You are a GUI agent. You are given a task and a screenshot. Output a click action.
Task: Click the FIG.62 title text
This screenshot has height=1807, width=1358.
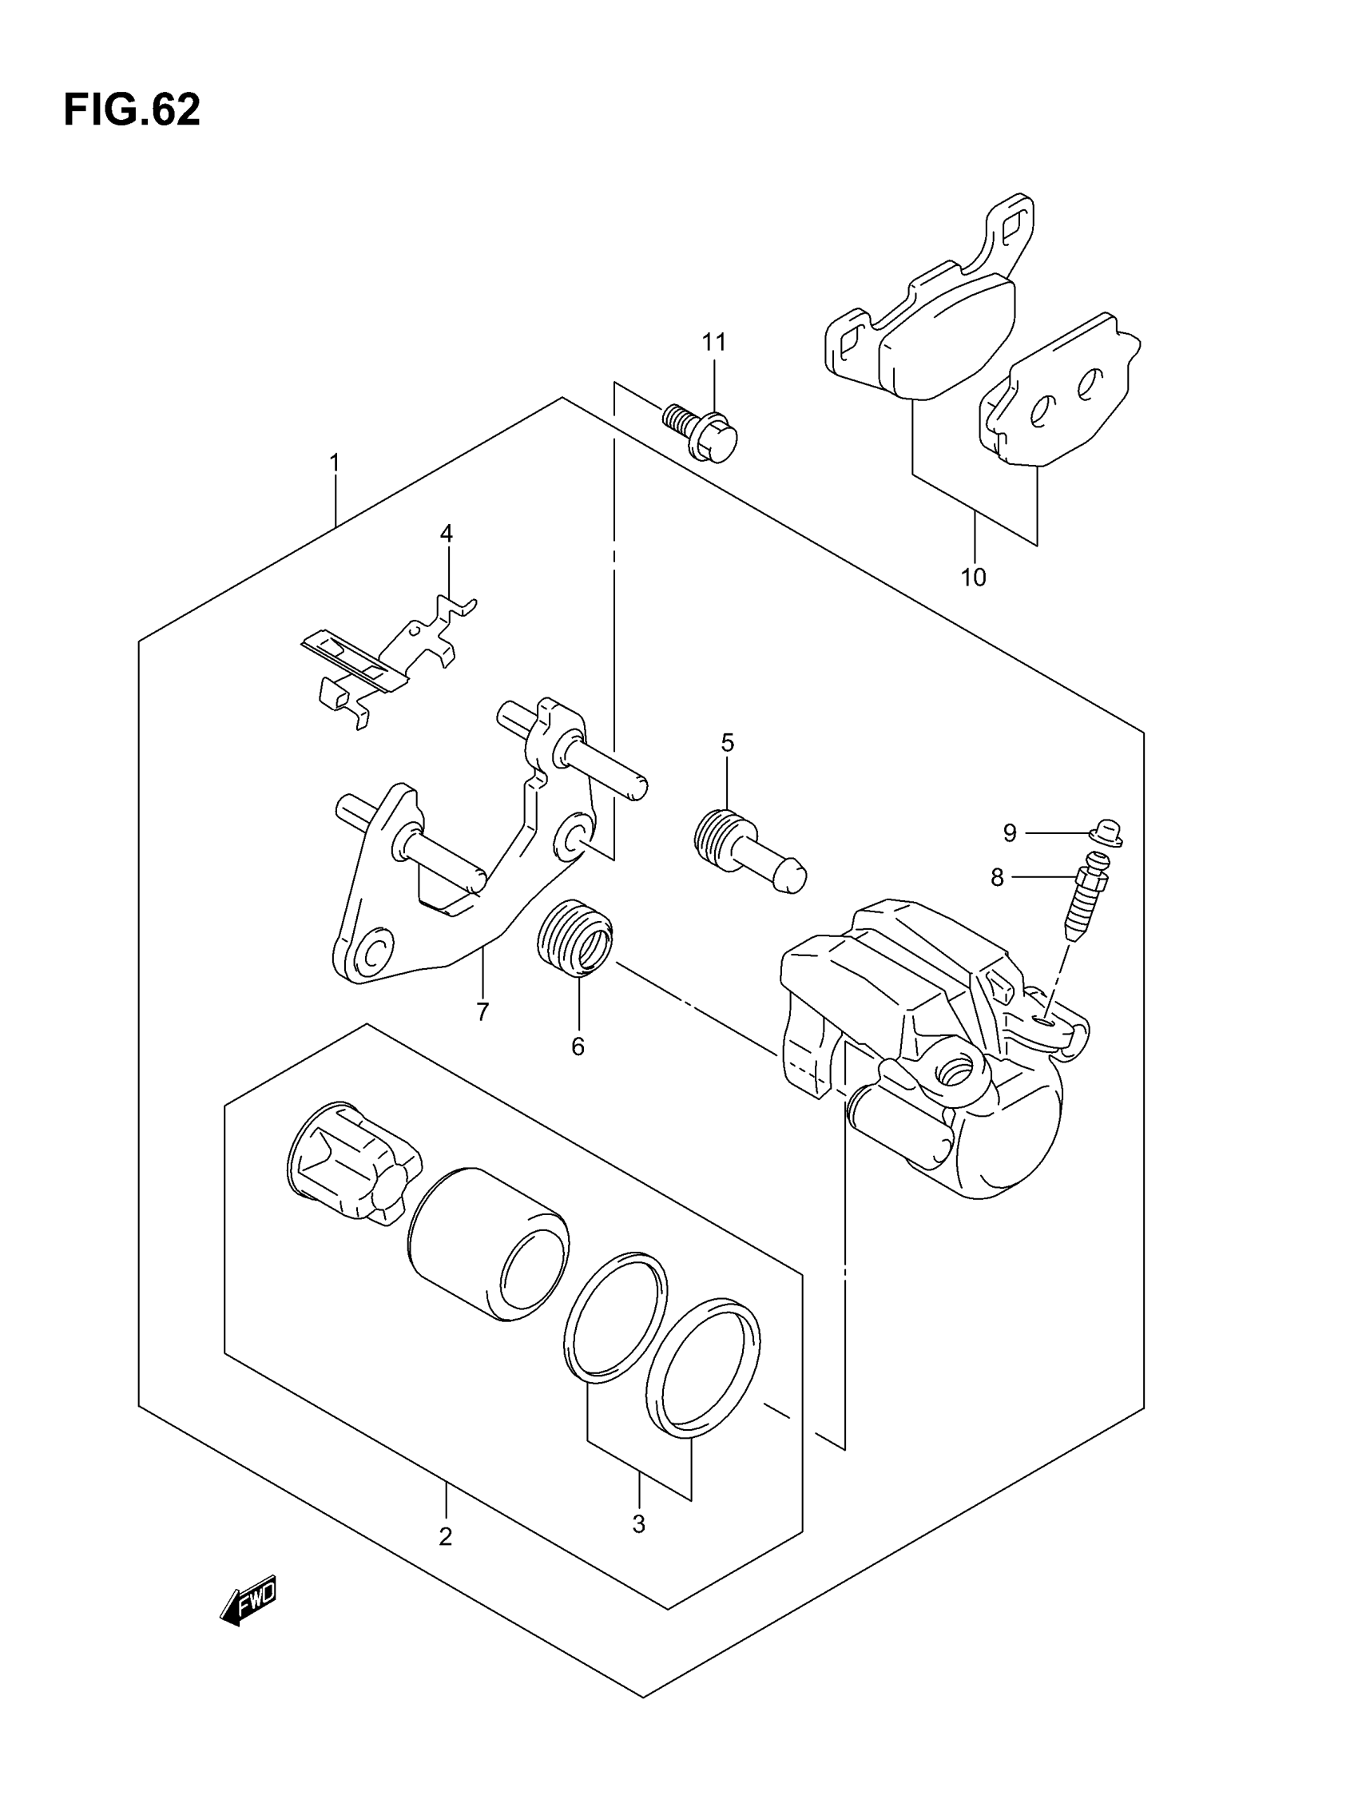[132, 109]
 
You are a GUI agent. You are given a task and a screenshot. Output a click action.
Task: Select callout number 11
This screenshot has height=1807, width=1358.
[713, 342]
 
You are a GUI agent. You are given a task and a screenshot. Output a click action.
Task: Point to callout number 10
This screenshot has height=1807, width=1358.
[973, 578]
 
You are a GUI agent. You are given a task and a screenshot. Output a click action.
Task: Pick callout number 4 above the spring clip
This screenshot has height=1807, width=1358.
[446, 534]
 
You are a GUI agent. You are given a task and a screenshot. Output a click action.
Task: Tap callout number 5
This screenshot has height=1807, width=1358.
[727, 743]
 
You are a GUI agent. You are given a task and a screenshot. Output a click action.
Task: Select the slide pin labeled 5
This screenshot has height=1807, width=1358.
[748, 851]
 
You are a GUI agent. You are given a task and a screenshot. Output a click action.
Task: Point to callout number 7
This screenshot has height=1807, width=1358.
[482, 1012]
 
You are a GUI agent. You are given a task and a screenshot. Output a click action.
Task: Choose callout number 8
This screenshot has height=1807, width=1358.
[997, 877]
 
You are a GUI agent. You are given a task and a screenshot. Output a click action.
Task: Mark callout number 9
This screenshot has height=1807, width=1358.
[1010, 833]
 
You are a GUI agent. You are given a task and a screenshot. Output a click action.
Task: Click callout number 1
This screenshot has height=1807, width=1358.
[334, 463]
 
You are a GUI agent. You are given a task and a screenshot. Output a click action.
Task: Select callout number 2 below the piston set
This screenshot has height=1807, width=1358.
[445, 1537]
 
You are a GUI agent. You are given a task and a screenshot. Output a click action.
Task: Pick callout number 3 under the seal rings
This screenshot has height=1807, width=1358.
[638, 1523]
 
